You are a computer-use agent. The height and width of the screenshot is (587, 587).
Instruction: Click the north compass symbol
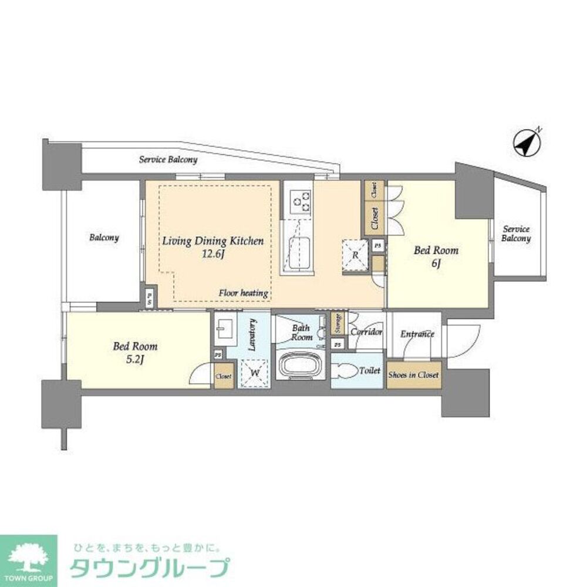527,143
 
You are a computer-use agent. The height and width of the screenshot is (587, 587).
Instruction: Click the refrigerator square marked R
356,255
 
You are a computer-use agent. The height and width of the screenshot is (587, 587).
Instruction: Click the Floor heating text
244,293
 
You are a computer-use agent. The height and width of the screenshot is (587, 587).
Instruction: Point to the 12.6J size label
212,254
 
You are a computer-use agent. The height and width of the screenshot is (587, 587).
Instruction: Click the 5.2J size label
135,360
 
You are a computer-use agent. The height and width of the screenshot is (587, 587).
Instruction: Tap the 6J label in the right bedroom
436,264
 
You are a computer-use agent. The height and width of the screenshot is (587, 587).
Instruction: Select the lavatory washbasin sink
225,329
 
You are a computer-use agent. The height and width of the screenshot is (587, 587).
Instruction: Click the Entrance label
417,334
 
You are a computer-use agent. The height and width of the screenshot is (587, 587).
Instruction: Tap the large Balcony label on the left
104,238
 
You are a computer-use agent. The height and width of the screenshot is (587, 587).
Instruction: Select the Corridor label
366,332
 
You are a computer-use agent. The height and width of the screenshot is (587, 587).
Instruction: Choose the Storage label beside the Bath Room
337,324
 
